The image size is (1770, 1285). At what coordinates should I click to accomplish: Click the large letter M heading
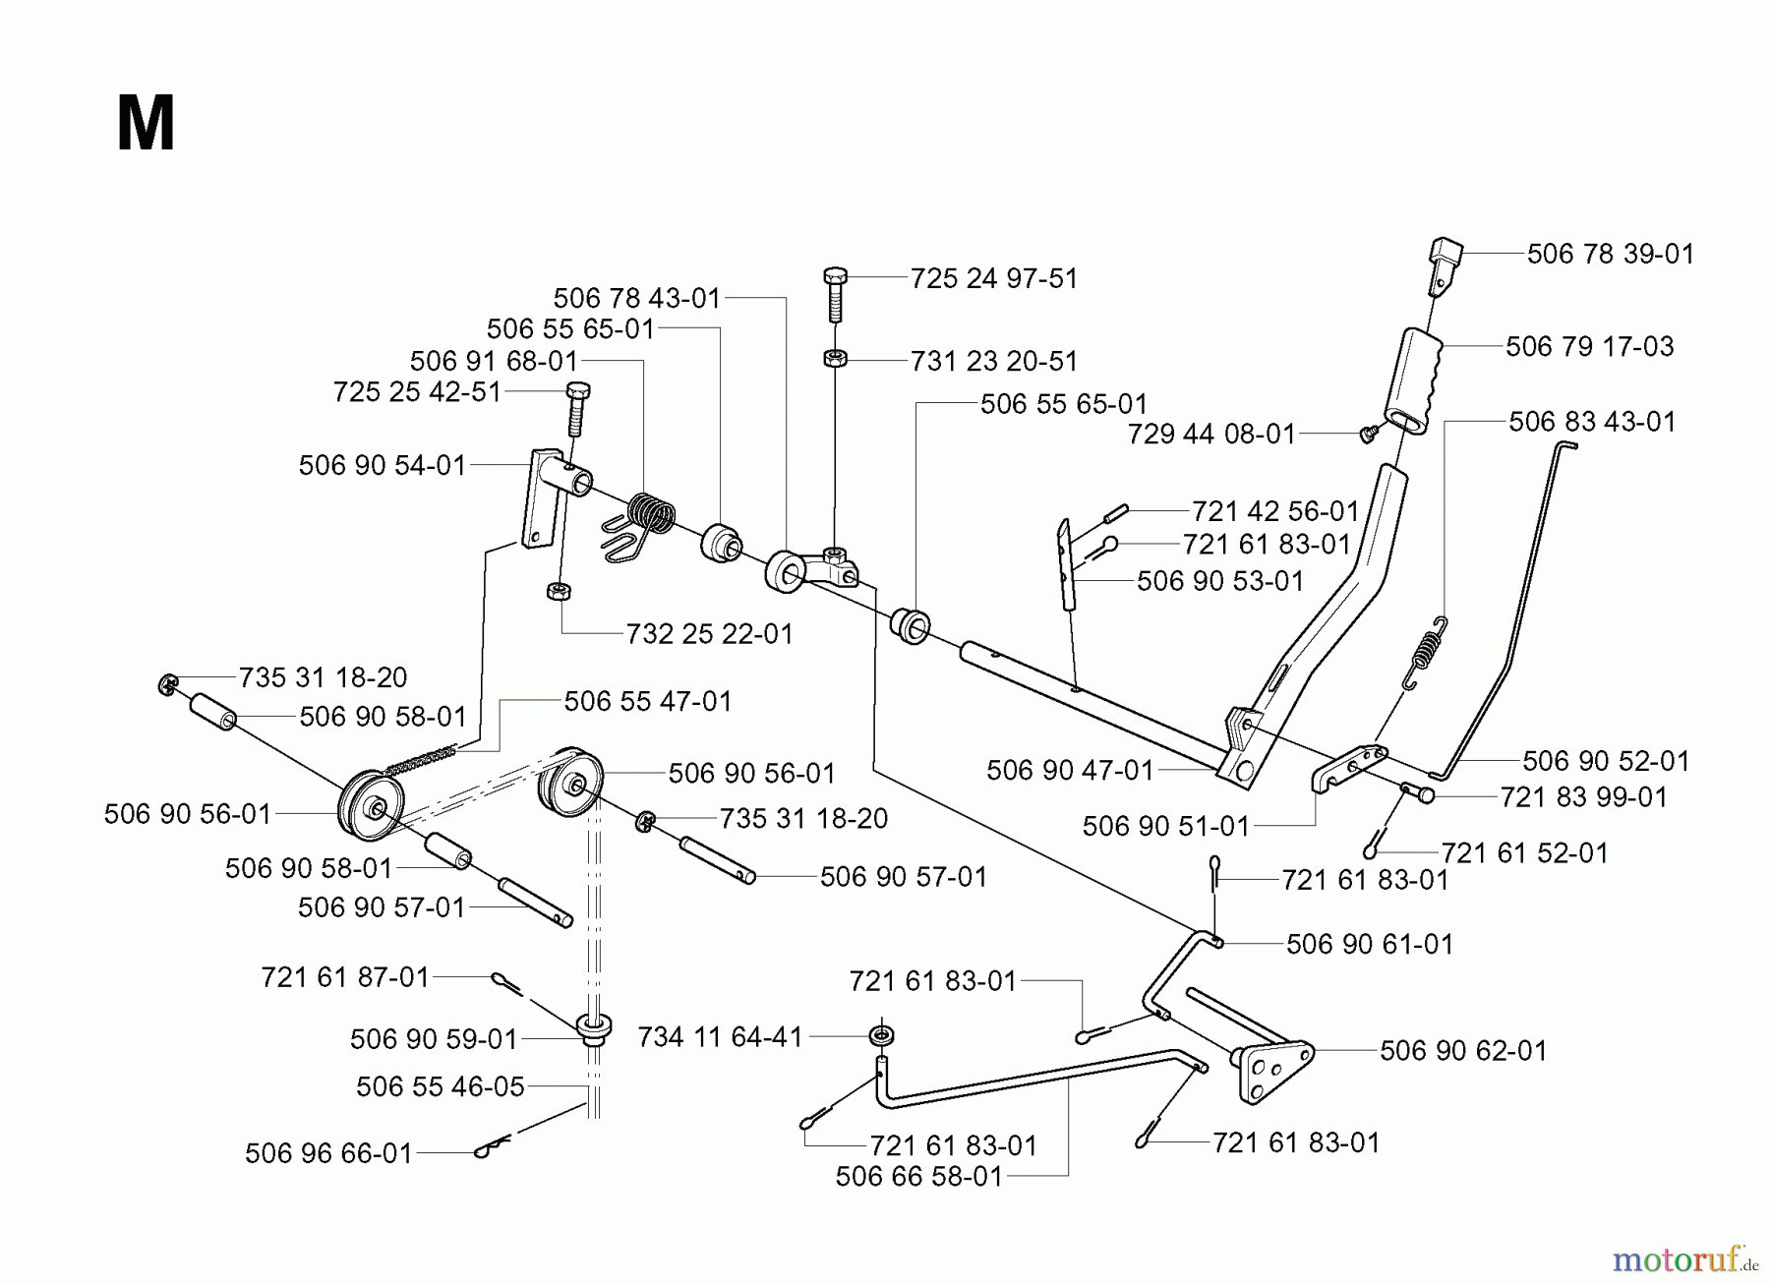click(146, 124)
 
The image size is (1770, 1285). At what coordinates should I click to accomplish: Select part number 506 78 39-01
click(1611, 254)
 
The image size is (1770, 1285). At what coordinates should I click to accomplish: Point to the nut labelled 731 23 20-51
click(834, 359)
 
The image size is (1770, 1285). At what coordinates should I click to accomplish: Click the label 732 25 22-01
click(709, 633)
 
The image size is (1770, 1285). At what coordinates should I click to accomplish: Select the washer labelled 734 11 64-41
click(882, 1036)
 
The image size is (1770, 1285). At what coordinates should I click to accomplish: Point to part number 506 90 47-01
click(1070, 769)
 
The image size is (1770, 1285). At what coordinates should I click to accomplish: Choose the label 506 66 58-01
click(918, 1176)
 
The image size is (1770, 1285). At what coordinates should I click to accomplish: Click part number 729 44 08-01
click(1211, 434)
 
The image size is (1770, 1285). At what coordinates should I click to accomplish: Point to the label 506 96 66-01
click(328, 1152)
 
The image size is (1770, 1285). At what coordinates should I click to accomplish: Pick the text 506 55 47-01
click(648, 701)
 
